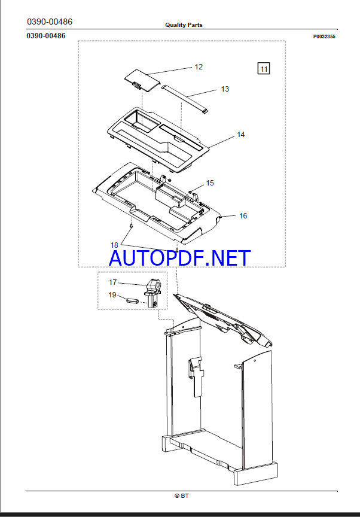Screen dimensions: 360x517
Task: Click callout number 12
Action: click(199, 67)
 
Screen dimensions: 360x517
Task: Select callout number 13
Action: click(225, 89)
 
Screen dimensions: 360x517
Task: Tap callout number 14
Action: click(241, 135)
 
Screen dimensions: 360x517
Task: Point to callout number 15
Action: click(210, 183)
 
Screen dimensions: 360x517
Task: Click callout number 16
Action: click(243, 216)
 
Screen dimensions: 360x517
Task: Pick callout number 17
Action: click(112, 282)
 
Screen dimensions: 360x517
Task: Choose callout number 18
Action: click(114, 245)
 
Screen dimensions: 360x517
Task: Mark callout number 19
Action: click(112, 295)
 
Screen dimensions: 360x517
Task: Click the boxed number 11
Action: click(264, 69)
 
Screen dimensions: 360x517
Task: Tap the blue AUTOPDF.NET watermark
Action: click(180, 258)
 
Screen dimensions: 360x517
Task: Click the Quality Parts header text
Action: click(184, 25)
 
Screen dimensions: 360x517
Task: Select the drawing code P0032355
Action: click(324, 37)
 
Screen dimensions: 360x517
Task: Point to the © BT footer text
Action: click(182, 495)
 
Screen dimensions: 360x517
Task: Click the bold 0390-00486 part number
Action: click(46, 36)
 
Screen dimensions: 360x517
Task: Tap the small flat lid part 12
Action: click(142, 80)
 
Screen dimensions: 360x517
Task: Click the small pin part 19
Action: click(132, 300)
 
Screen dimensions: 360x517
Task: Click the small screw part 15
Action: click(190, 191)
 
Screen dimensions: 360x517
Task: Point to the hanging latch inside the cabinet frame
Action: click(196, 376)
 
